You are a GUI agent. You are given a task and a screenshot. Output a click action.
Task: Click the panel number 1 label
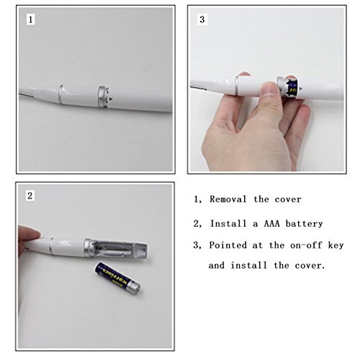point(30,19)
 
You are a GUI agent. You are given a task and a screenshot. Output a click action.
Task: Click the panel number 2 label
point(30,196)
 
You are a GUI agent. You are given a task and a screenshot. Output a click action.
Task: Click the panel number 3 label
point(202,19)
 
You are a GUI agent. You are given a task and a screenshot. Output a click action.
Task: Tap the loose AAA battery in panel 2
point(117,278)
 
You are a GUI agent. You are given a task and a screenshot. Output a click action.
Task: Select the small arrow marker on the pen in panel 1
point(112,98)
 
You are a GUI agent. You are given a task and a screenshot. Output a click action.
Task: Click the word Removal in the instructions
point(228,199)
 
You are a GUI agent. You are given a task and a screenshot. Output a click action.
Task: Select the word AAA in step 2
point(271,224)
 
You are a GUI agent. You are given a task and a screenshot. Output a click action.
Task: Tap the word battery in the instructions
point(304,224)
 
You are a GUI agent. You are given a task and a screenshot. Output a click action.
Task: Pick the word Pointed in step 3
point(228,246)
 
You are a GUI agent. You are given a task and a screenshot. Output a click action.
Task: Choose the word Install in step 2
point(228,224)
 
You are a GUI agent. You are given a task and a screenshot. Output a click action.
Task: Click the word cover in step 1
point(288,199)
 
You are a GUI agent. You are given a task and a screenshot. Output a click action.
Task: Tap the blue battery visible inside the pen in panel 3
point(292,88)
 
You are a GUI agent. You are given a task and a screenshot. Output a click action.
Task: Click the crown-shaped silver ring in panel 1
point(104,97)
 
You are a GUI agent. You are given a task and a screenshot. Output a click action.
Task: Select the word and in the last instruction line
point(217,266)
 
